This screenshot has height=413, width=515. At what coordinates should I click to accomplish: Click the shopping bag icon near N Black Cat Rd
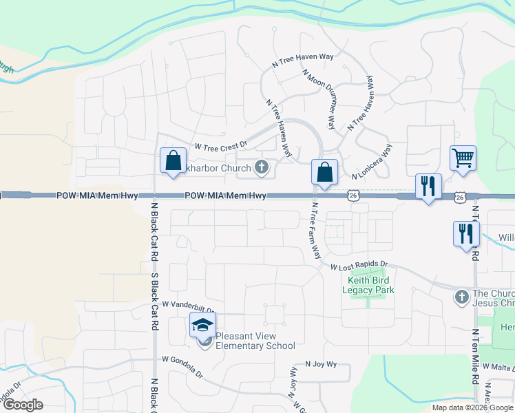click(173, 161)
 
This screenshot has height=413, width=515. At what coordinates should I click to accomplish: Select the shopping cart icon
click(463, 158)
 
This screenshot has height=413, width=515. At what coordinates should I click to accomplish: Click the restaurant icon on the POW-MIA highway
click(428, 186)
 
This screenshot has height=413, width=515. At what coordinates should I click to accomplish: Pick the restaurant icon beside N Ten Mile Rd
click(465, 233)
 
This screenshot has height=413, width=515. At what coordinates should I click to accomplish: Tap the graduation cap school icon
click(203, 325)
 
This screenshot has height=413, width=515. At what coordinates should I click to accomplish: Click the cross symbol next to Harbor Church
click(261, 166)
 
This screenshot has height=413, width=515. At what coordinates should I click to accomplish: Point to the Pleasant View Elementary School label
click(255, 341)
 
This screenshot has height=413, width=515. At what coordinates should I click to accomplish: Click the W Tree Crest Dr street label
click(220, 146)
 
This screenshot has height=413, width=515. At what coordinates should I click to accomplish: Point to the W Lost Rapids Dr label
click(359, 266)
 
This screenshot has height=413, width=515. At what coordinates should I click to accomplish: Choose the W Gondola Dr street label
click(182, 367)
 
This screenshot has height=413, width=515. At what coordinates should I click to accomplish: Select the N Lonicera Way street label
click(372, 160)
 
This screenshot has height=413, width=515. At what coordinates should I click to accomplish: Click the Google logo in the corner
click(23, 404)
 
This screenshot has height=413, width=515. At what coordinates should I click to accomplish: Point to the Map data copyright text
click(472, 407)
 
